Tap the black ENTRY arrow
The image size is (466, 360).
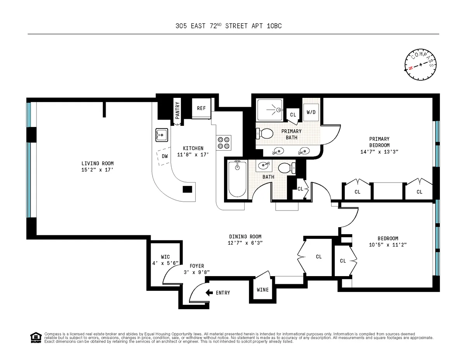click(x=209, y=292)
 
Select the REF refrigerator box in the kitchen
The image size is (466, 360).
click(x=201, y=108)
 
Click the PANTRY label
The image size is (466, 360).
click(x=177, y=109)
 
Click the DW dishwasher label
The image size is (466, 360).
click(x=165, y=156)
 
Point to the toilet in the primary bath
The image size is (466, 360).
click(x=265, y=134)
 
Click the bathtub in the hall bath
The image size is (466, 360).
click(x=237, y=179)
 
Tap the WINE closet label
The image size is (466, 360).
click(x=263, y=290)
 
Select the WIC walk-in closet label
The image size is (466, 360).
click(x=165, y=257)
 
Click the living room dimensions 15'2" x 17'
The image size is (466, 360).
click(x=97, y=170)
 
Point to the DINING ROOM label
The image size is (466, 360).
click(x=245, y=237)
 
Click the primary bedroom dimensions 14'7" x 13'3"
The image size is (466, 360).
click(x=379, y=152)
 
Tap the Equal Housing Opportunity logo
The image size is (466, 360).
click(x=35, y=337)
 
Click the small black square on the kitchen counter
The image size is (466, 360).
click(x=188, y=189)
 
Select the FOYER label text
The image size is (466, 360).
click(x=197, y=266)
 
